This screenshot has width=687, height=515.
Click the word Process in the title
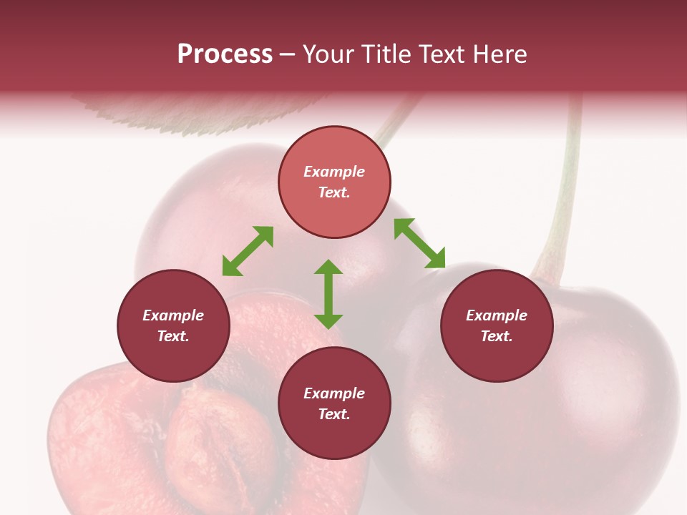(x=225, y=54)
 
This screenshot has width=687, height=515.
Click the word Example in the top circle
(x=334, y=172)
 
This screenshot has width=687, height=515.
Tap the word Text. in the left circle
(x=173, y=336)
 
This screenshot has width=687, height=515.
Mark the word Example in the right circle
(x=497, y=315)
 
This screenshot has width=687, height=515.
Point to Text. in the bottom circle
(x=334, y=414)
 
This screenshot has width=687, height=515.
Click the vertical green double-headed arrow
(x=328, y=294)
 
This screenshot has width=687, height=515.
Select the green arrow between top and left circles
(x=248, y=251)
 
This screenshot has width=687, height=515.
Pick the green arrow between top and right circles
(x=419, y=243)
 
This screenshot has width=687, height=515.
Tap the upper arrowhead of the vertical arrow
(x=328, y=268)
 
